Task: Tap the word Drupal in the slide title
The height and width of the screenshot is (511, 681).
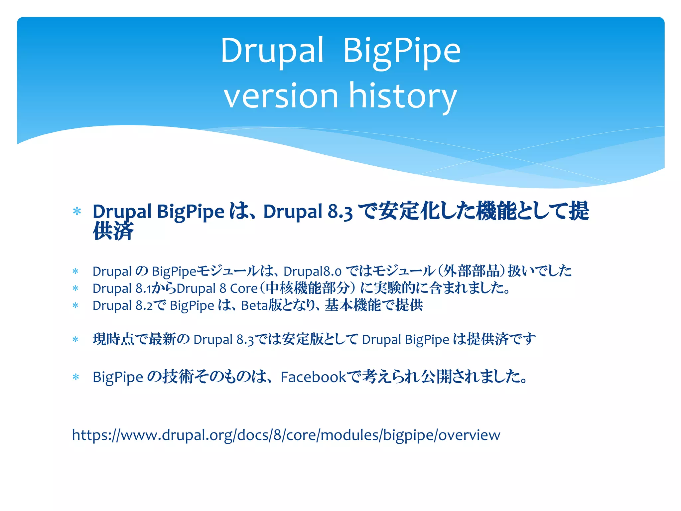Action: point(272,51)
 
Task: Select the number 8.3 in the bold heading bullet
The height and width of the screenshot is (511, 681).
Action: point(340,212)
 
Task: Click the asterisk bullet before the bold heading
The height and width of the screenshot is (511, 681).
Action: point(77,212)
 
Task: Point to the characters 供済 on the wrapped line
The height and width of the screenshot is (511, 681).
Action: point(113,231)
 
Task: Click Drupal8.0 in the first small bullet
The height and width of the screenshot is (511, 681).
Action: point(312,271)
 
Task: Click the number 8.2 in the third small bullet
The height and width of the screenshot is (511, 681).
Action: point(144,305)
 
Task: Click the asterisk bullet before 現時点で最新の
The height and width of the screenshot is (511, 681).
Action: point(75,340)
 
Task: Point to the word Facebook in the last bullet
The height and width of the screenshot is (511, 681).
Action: point(313,377)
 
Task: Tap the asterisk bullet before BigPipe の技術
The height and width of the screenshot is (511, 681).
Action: point(76,377)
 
